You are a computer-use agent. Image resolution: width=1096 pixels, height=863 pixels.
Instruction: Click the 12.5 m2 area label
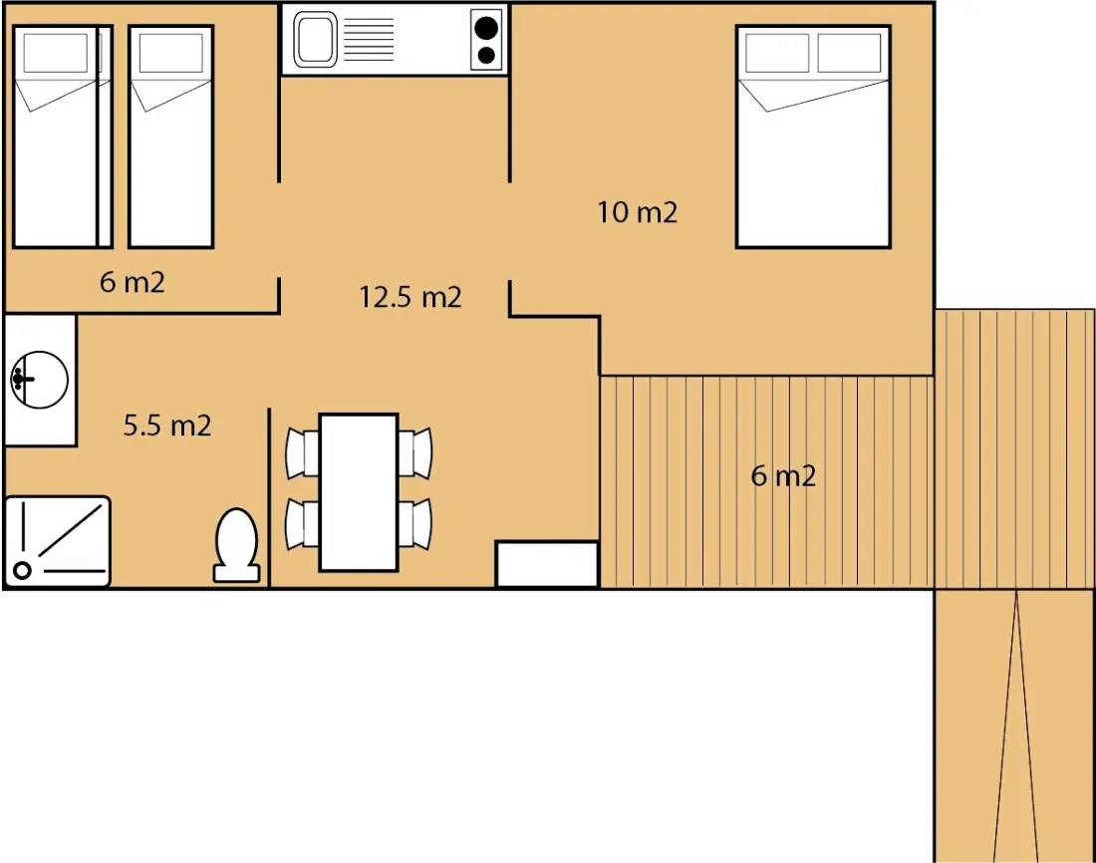pos(411,297)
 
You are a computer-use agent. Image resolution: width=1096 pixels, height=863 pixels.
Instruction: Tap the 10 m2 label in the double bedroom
pos(638,212)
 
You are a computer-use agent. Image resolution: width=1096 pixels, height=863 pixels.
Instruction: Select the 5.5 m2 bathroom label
pos(167,426)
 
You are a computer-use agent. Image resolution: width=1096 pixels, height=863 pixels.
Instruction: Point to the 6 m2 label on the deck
pos(783,475)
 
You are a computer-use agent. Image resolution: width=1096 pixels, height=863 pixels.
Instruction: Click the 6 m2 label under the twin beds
pos(133,282)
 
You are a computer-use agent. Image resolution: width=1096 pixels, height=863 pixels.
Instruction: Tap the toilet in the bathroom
pos(236,545)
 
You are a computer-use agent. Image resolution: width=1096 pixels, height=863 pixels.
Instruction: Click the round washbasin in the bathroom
pos(40,379)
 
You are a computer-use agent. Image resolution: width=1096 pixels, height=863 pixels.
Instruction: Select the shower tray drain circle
pos(22,571)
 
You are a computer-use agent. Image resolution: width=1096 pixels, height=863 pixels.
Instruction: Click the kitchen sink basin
pos(315,40)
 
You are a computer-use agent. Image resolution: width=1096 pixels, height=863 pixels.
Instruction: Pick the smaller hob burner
pos(486,55)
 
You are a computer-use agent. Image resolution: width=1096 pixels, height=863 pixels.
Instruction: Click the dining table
pos(359,492)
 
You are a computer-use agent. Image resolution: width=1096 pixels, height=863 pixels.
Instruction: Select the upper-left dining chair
pos(303,453)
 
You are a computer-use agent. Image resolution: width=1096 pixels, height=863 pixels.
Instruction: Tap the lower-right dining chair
pos(415,524)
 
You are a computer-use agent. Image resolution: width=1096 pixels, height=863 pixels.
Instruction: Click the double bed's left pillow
pos(777,53)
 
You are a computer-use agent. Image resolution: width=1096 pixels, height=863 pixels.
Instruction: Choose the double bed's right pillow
pos(849,53)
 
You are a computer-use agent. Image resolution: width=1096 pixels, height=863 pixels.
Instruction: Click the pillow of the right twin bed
pos(171,53)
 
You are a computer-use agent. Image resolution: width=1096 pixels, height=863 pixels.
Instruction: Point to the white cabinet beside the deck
pos(547,564)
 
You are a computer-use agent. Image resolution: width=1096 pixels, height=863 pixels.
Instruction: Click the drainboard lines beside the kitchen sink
pos(369,39)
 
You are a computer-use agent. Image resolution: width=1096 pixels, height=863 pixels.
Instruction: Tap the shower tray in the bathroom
pos(58,541)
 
